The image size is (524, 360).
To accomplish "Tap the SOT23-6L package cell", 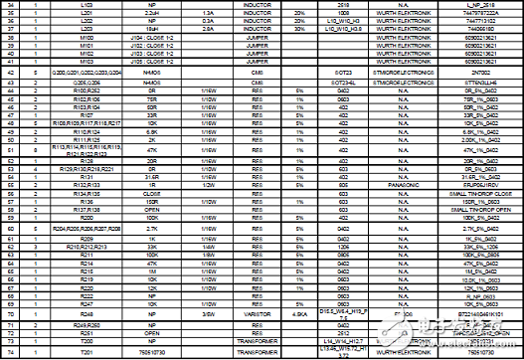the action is tap(342, 82).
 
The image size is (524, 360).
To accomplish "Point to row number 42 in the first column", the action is tap(12, 73).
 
